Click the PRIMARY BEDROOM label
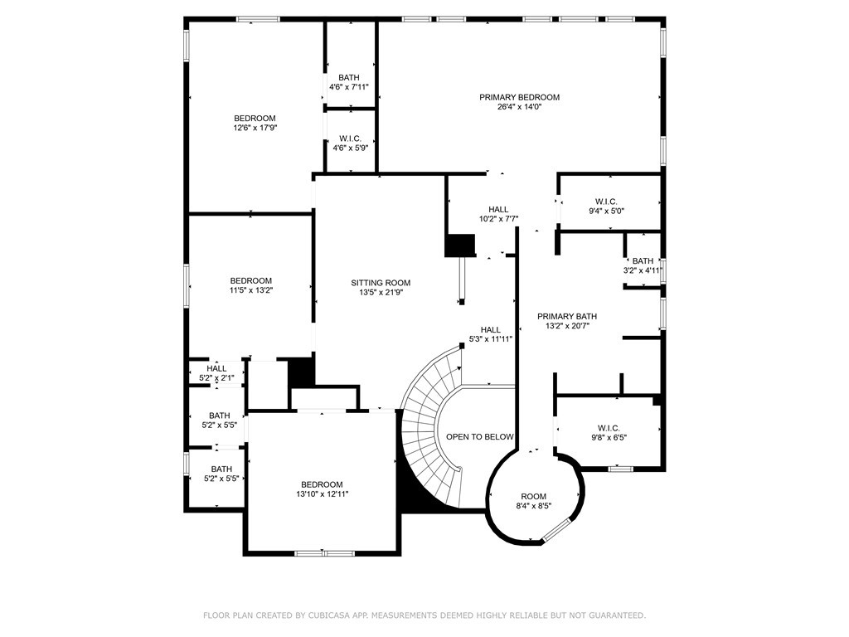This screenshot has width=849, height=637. pyautogui.click(x=519, y=97)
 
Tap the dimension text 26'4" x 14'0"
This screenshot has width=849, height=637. pyautogui.click(x=519, y=107)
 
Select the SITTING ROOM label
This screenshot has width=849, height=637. pyautogui.click(x=381, y=283)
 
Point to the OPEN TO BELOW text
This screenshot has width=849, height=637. pyautogui.click(x=480, y=436)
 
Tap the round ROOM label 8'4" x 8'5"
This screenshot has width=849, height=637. pyautogui.click(x=533, y=496)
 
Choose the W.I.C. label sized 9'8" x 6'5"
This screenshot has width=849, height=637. pyautogui.click(x=608, y=428)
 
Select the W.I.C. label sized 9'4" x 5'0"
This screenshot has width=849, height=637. pyautogui.click(x=606, y=201)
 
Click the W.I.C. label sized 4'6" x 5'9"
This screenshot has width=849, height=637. pyautogui.click(x=350, y=139)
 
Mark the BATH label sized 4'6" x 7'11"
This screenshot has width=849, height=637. pyautogui.click(x=349, y=77)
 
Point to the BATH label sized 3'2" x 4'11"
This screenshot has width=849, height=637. pyautogui.click(x=643, y=260)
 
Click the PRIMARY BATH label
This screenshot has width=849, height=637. pyautogui.click(x=566, y=316)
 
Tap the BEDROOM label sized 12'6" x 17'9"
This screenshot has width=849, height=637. pyautogui.click(x=254, y=118)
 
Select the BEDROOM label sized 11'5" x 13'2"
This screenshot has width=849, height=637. pyautogui.click(x=250, y=280)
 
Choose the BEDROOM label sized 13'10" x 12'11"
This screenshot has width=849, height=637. pyautogui.click(x=321, y=484)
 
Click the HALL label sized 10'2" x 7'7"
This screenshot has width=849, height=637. pyautogui.click(x=498, y=209)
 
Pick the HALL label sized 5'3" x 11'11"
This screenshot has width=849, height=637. pyautogui.click(x=491, y=329)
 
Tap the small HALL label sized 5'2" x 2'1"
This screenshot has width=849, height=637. pyautogui.click(x=216, y=368)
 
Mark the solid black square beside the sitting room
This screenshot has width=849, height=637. pyautogui.click(x=459, y=246)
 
